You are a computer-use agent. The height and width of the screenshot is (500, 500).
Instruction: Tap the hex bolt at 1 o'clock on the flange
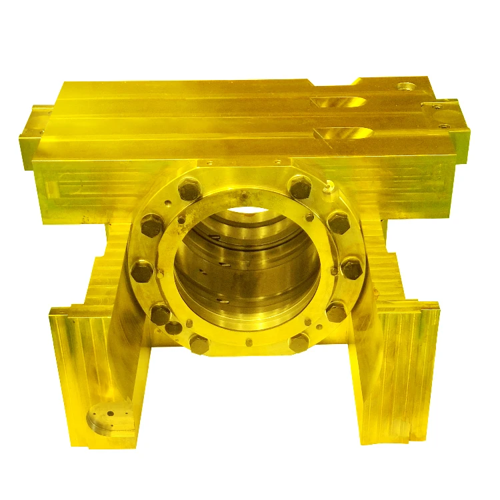(300, 187)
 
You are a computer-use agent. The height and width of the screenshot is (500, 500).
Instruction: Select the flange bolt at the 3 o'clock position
(351, 268)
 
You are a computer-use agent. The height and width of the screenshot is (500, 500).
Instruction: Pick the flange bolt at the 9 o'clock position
(142, 271)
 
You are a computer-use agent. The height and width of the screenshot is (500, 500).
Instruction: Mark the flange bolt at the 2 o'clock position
(339, 223)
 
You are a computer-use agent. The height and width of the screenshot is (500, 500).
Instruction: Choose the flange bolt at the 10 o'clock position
(152, 226)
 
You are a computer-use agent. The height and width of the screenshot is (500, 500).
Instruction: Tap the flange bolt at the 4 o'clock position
(337, 311)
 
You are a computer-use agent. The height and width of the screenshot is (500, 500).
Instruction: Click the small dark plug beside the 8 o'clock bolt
(173, 327)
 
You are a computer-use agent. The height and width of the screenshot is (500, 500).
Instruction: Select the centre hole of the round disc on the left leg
(109, 421)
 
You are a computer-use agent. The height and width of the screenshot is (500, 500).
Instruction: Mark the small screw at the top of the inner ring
(245, 195)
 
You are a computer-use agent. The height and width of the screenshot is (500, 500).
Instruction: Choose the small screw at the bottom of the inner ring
(249, 343)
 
